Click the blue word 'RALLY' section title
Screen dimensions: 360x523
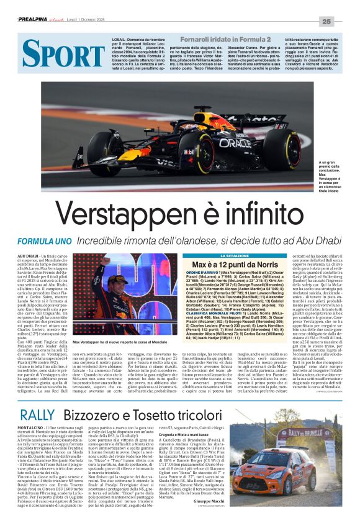39,415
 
